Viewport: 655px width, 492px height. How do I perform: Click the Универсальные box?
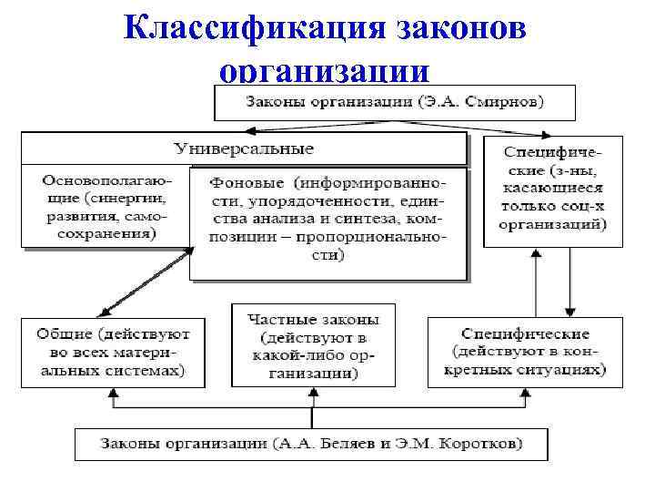pyautogui.click(x=243, y=148)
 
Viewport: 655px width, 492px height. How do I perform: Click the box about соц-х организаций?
pyautogui.click(x=552, y=190)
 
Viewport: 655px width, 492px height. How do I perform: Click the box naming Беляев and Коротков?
pyautogui.click(x=311, y=444)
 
